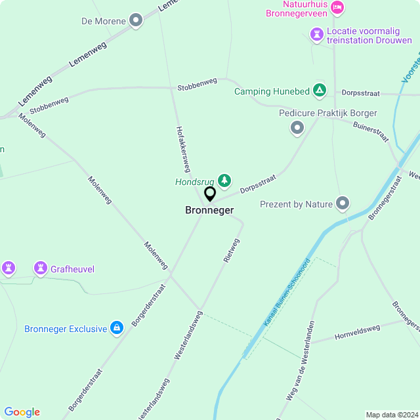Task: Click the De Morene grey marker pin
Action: point(136,21)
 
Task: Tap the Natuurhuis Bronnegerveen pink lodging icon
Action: point(337,7)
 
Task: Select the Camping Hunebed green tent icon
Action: point(319,90)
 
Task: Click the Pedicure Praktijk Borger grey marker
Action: point(297,127)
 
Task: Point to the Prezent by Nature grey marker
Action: point(343,204)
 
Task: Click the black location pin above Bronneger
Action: point(210,194)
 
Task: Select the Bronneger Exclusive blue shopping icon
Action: point(117,328)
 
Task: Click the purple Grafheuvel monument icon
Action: point(40,268)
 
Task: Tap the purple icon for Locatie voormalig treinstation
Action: point(316,33)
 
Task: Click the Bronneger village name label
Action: point(209,211)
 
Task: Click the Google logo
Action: point(22,412)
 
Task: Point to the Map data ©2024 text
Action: point(391,415)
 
